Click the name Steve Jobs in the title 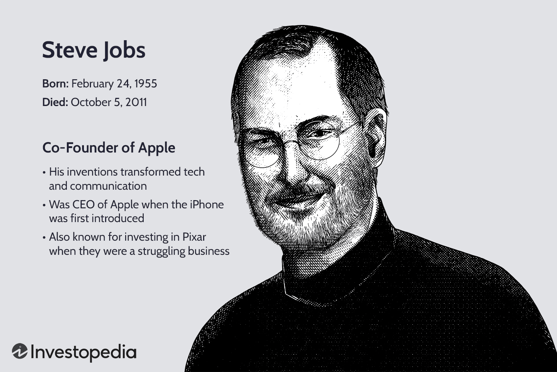click(94, 50)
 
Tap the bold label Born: click(55, 84)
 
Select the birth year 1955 click(146, 84)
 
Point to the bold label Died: click(55, 102)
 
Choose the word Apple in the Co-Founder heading click(156, 148)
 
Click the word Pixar click(194, 237)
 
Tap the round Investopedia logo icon click(19, 352)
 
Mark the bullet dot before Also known click(44, 237)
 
